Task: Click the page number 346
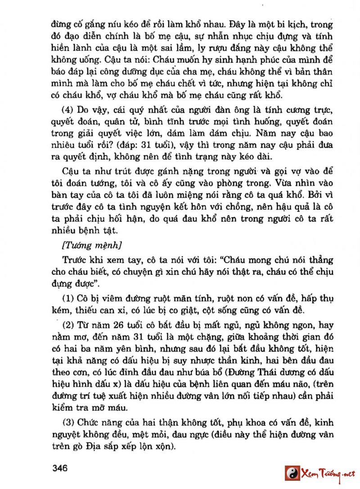point(59,468)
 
